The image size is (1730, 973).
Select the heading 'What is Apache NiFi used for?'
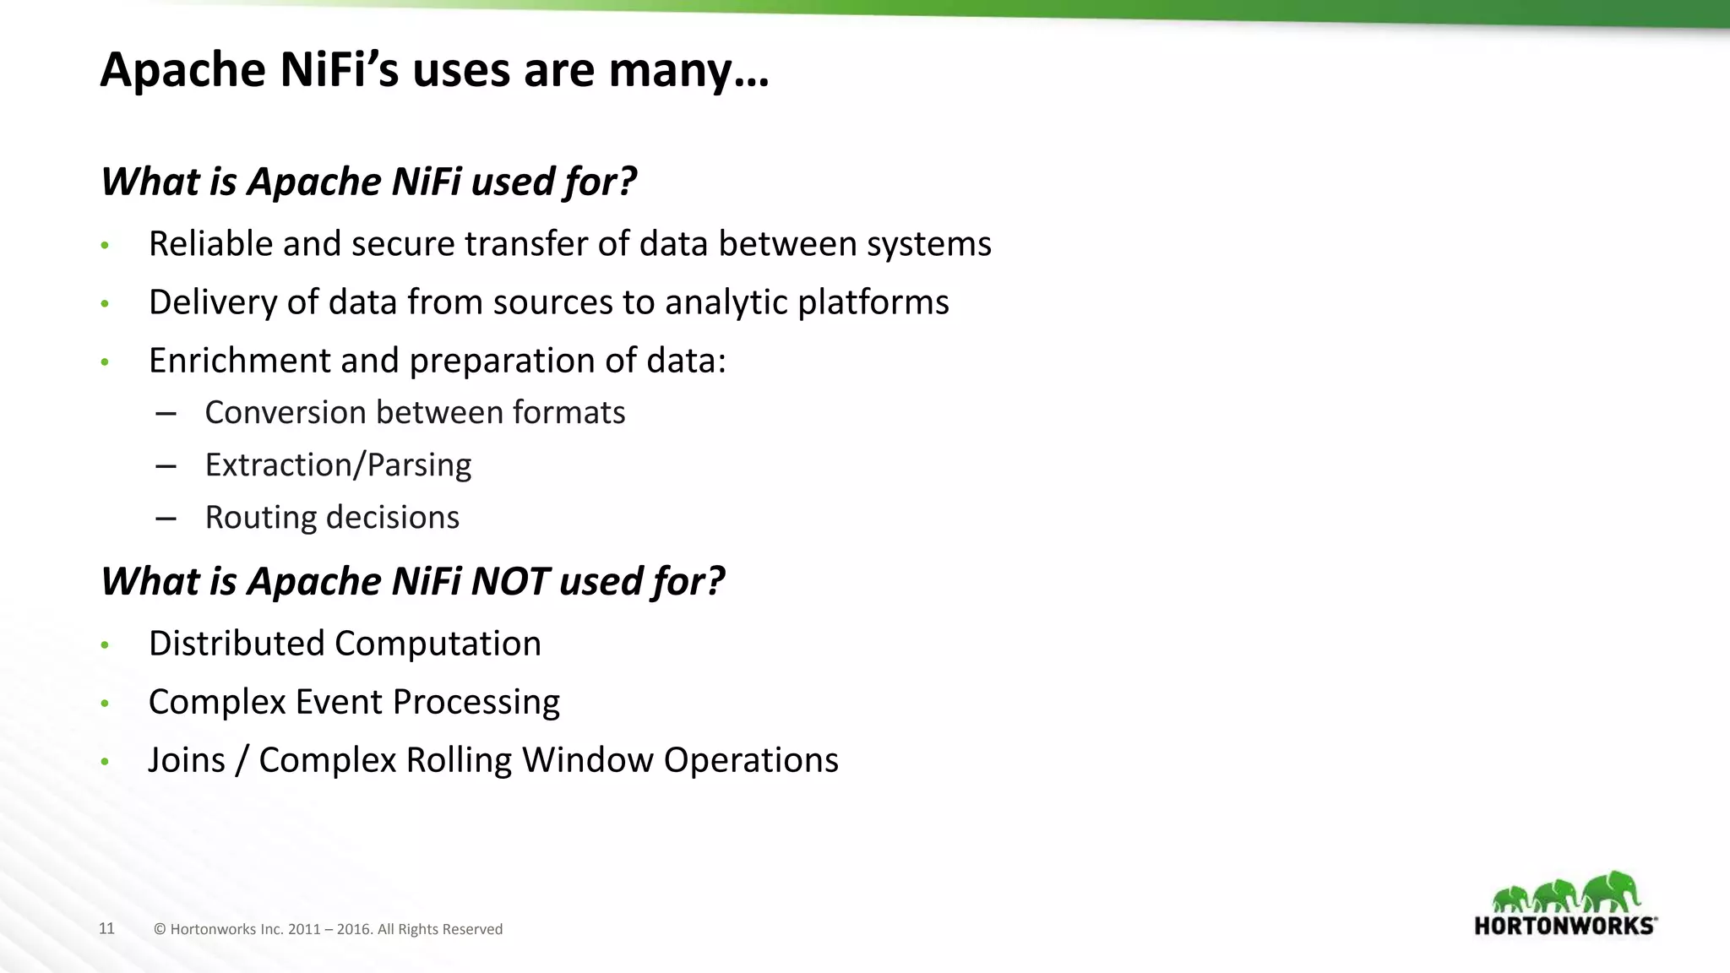[x=368, y=182]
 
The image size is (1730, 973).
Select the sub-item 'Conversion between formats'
[x=415, y=413]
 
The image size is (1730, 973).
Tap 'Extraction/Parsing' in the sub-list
[x=338, y=465]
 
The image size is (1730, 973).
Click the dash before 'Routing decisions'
[x=166, y=518]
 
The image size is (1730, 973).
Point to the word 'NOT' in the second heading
[x=510, y=582]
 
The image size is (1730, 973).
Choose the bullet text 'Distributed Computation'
[x=345, y=644]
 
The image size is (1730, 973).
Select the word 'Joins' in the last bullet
[x=187, y=760]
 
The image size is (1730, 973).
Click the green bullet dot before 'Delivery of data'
[x=105, y=303]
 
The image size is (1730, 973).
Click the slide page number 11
[x=106, y=928]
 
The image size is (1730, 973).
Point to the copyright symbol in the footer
[x=160, y=929]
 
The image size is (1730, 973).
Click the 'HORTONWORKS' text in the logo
[x=1564, y=926]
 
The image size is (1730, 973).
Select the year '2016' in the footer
[x=354, y=929]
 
